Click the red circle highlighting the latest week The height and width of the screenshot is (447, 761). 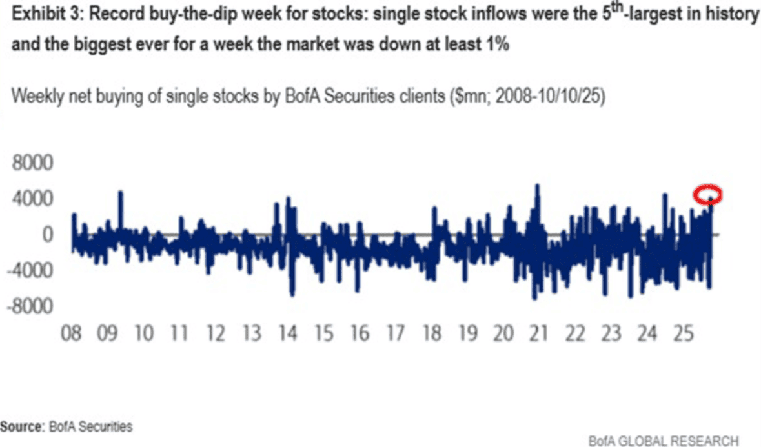point(707,194)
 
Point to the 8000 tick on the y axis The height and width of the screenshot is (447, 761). point(33,164)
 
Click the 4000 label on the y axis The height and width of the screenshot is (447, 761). point(33,199)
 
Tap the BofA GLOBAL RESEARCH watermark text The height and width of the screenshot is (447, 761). point(663,441)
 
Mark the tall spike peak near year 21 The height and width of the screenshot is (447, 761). point(537,186)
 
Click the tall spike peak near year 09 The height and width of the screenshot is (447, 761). point(120,193)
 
